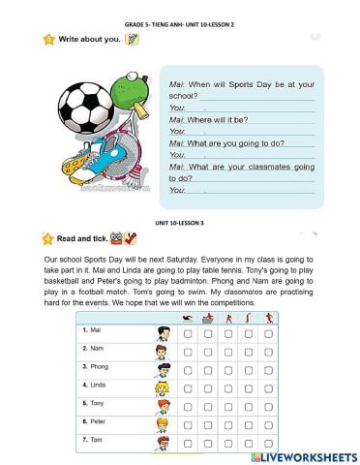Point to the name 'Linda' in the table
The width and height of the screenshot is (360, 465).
(100, 387)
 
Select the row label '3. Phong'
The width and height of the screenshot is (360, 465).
(96, 367)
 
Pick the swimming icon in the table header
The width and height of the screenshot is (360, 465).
(187, 318)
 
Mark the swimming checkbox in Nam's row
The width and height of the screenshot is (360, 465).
(187, 354)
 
